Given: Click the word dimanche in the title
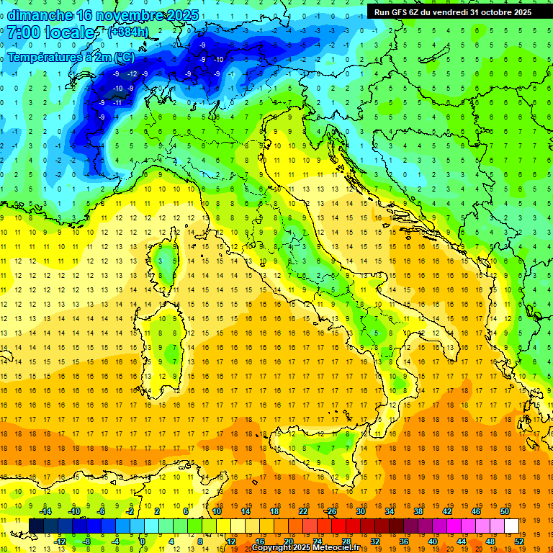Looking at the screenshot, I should click(40, 15).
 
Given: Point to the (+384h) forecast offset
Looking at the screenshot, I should click(128, 32).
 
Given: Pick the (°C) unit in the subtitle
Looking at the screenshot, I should click(123, 57).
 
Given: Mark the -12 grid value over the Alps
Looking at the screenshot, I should click(132, 73).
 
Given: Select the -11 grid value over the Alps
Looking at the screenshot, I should click(116, 102).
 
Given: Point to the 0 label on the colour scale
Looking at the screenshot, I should click(143, 541).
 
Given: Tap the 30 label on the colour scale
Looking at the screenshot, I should click(360, 511).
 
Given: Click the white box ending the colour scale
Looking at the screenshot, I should click(511, 526).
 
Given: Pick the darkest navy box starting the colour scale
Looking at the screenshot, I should click(36, 526).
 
